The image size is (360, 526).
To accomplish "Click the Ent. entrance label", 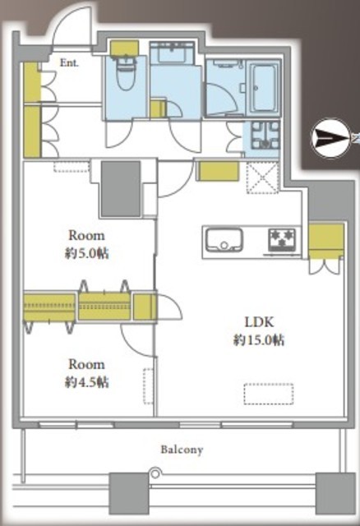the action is tap(69, 62).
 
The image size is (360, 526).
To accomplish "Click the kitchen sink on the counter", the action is tap(224, 240).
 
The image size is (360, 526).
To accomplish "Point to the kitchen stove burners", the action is tap(282, 239).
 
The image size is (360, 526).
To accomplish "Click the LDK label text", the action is tap(259, 322).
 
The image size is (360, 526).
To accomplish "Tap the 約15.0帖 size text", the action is tap(259, 339).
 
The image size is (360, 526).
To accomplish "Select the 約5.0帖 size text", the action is tap(86, 253).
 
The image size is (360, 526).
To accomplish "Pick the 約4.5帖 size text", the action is tap(86, 382).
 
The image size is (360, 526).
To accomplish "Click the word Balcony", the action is tap(182, 450).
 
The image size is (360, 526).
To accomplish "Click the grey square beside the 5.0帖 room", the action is tap(121, 189).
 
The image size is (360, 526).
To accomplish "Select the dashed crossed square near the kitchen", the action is tap(263, 178).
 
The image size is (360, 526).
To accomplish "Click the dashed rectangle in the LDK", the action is tap(269, 394).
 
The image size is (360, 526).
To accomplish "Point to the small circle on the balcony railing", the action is tap(155, 473).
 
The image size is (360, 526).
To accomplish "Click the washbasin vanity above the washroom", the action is tap(172, 53).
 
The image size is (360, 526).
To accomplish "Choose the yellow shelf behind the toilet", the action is tap(124, 48).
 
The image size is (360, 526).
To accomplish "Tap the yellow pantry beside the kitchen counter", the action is tap(326, 241).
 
